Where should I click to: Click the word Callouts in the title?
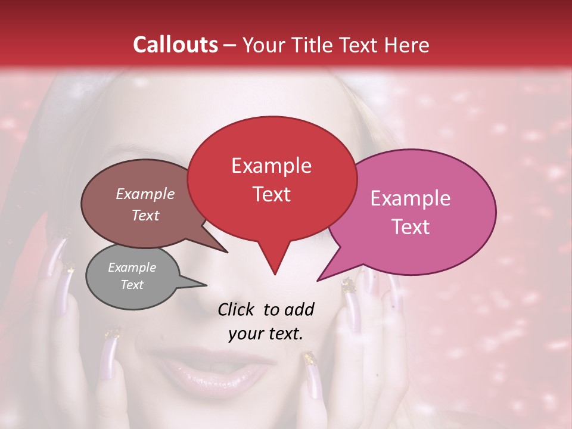(175, 45)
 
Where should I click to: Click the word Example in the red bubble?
(271, 166)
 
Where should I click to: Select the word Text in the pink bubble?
(410, 226)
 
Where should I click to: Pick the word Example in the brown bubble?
(145, 194)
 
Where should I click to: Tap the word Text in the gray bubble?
(132, 285)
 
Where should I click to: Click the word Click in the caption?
(237, 309)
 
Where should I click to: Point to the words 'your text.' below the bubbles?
(266, 334)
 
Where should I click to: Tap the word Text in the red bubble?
(271, 194)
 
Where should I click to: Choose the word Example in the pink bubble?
(410, 198)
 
